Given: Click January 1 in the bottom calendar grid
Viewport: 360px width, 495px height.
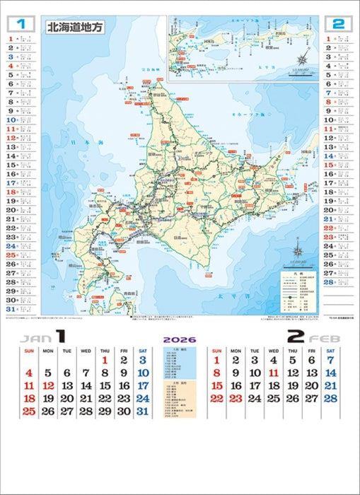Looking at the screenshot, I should tap(105, 360).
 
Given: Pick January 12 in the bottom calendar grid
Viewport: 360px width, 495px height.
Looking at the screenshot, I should tap(47, 386).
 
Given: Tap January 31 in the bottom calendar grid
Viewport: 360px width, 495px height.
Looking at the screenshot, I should tap(143, 412).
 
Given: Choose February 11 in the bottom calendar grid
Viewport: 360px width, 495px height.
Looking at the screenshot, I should tap(273, 373).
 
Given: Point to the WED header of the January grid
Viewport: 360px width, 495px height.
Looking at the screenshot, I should tap(86, 350).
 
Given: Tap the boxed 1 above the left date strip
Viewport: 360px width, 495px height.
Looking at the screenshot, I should tap(21, 24).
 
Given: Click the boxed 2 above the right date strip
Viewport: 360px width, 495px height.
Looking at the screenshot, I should tap(338, 24).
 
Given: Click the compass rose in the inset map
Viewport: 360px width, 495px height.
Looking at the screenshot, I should tap(302, 60).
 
